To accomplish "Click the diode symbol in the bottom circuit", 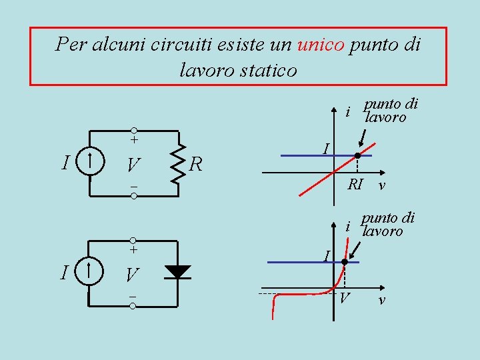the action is (177, 271).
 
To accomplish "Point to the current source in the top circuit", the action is (89, 161).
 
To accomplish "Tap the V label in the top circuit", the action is (133, 164).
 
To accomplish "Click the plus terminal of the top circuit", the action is (133, 130).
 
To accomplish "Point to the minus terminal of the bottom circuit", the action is (133, 306).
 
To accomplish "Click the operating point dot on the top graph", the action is (357, 155).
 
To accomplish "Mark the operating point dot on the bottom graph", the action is (344, 262).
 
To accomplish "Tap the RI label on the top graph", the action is (355, 184).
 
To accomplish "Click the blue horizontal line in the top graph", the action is (307, 155).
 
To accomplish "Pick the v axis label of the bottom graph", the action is (381, 301).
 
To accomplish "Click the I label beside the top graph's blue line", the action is (325, 146).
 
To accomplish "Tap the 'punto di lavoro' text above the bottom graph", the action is (387, 225).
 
